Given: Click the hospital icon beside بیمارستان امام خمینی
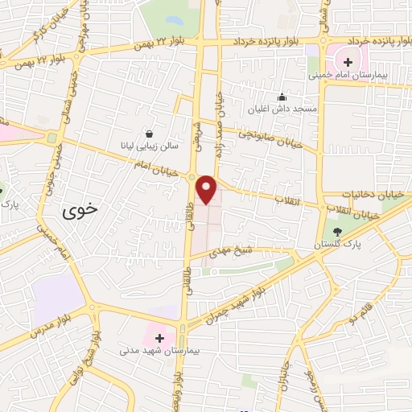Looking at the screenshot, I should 347,62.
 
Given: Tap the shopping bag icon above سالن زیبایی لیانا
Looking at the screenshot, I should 149,134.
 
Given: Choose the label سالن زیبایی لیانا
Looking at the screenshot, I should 150,146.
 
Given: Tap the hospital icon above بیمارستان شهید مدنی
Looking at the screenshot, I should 159,338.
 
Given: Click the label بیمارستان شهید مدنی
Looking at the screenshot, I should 158,351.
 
